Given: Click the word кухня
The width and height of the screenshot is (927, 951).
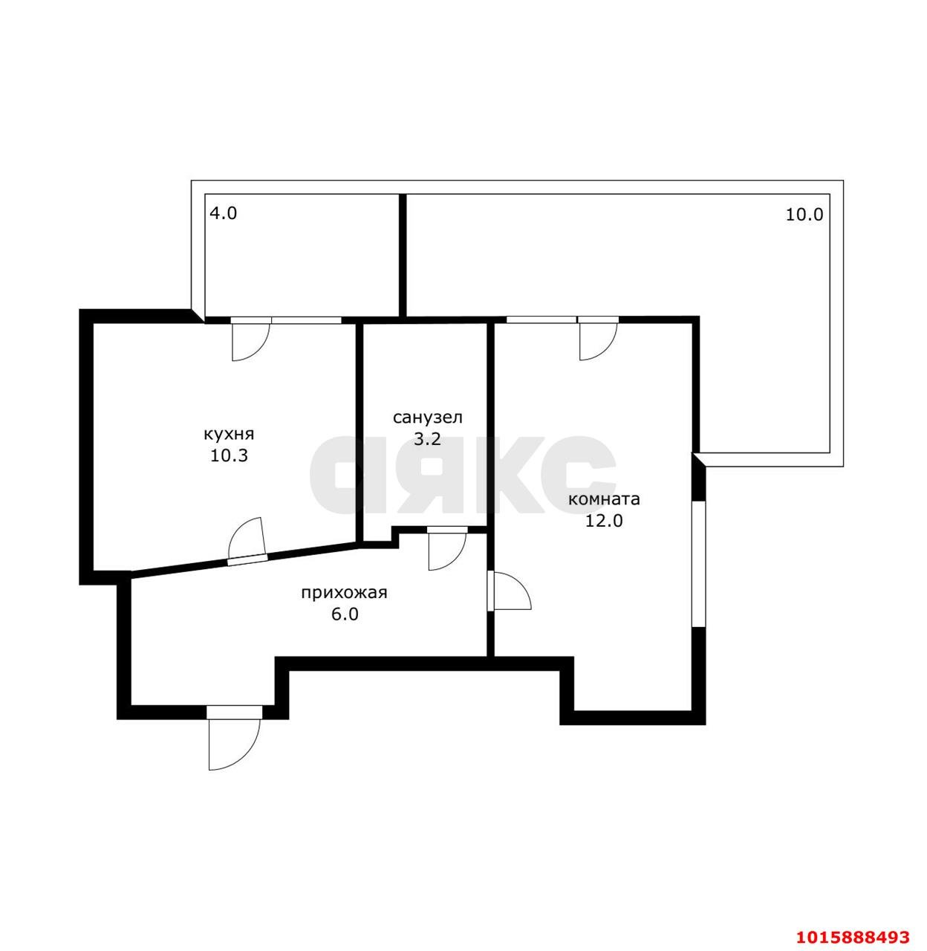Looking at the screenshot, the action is [229, 434].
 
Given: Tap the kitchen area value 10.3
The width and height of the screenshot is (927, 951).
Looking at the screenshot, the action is [229, 455].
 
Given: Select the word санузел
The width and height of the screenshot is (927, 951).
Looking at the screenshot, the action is [428, 418].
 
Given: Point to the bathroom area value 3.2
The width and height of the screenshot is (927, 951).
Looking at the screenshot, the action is [427, 439].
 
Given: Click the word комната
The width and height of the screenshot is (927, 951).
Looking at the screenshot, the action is [604, 499].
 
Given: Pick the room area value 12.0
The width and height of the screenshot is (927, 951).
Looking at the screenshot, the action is [604, 521].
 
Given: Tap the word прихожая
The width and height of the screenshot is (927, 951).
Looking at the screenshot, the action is [344, 593].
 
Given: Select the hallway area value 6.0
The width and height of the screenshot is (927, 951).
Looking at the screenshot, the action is [345, 614].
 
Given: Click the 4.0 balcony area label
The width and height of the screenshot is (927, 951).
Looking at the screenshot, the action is [223, 213].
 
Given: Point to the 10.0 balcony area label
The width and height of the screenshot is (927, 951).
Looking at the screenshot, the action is [804, 215].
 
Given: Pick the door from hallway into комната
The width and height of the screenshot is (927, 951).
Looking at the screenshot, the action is [510, 591].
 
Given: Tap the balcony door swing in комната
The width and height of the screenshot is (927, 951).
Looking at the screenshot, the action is [598, 340].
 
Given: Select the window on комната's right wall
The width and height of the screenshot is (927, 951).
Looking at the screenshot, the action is [699, 563].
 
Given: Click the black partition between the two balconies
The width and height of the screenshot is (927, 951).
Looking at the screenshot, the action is [403, 256].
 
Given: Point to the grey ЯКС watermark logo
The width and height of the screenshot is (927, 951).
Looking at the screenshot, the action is [462, 474].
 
